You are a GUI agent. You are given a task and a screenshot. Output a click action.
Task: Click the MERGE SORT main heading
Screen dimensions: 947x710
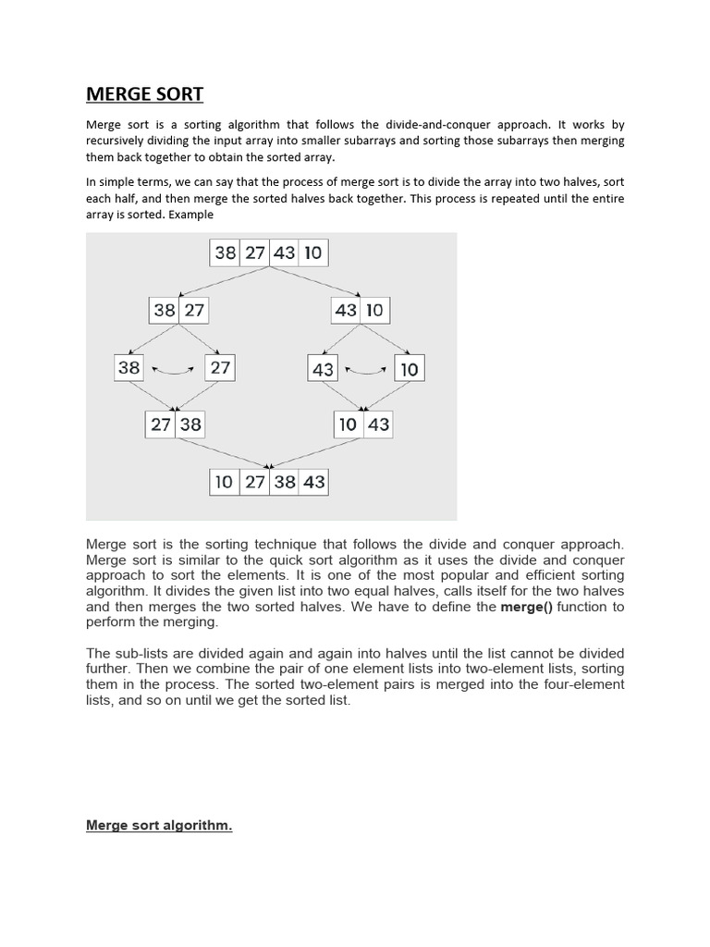[x=144, y=93]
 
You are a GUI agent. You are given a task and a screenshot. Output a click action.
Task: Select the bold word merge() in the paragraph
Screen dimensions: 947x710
[x=523, y=607]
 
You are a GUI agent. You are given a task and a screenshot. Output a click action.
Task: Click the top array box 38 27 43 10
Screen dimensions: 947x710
[x=269, y=253]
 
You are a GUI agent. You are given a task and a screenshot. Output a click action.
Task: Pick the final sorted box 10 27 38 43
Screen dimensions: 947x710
[x=269, y=482]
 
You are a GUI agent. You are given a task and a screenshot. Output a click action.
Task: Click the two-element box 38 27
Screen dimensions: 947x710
[x=178, y=310]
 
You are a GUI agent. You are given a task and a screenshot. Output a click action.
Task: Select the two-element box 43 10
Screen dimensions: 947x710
[x=360, y=310]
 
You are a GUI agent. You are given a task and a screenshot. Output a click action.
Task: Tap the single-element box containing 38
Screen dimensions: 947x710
[x=129, y=367]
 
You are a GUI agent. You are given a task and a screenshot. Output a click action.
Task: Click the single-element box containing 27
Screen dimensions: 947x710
[x=220, y=367]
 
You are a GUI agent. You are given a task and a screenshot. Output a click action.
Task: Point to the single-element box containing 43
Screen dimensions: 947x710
[x=323, y=369]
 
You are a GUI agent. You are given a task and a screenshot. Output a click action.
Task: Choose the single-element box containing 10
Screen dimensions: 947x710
[x=409, y=369]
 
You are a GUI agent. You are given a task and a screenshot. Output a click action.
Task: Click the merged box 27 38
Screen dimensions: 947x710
[x=175, y=424]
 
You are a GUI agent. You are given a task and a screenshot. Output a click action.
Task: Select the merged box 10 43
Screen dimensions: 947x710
[x=363, y=424]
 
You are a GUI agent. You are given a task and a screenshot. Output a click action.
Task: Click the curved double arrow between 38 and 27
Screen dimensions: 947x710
[x=173, y=370]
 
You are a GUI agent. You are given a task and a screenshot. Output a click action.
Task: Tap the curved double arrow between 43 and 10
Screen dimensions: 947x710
[x=364, y=370]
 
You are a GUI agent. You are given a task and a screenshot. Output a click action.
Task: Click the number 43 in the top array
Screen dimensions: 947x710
[x=284, y=253]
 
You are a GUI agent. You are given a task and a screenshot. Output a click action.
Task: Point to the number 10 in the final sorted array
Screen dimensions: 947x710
[x=224, y=482]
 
